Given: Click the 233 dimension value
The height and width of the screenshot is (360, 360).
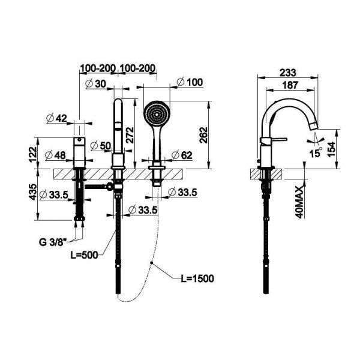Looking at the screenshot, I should click(286, 71).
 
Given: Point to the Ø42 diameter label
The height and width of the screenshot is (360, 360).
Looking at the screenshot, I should click(57, 118).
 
